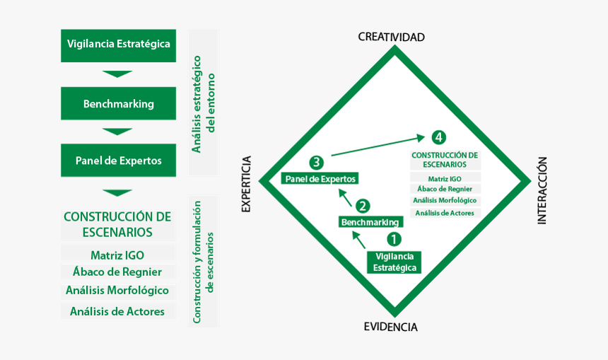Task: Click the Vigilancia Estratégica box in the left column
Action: click(x=118, y=44)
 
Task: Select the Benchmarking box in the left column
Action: click(x=118, y=103)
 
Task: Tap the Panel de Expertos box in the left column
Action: click(x=118, y=161)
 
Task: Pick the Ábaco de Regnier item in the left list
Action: click(x=117, y=272)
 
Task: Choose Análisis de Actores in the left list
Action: click(x=117, y=311)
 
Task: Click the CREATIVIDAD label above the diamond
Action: click(x=391, y=37)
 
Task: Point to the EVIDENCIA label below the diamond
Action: click(x=390, y=327)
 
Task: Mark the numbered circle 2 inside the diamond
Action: click(x=363, y=207)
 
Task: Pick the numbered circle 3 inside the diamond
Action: click(x=317, y=163)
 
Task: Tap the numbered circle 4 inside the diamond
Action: click(x=439, y=137)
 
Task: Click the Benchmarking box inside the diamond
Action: click(x=370, y=222)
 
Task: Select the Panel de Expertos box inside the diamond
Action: click(x=320, y=179)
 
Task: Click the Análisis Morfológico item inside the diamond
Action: click(x=445, y=200)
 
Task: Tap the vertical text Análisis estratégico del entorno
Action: click(x=203, y=103)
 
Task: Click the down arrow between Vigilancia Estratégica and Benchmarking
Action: click(x=117, y=74)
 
